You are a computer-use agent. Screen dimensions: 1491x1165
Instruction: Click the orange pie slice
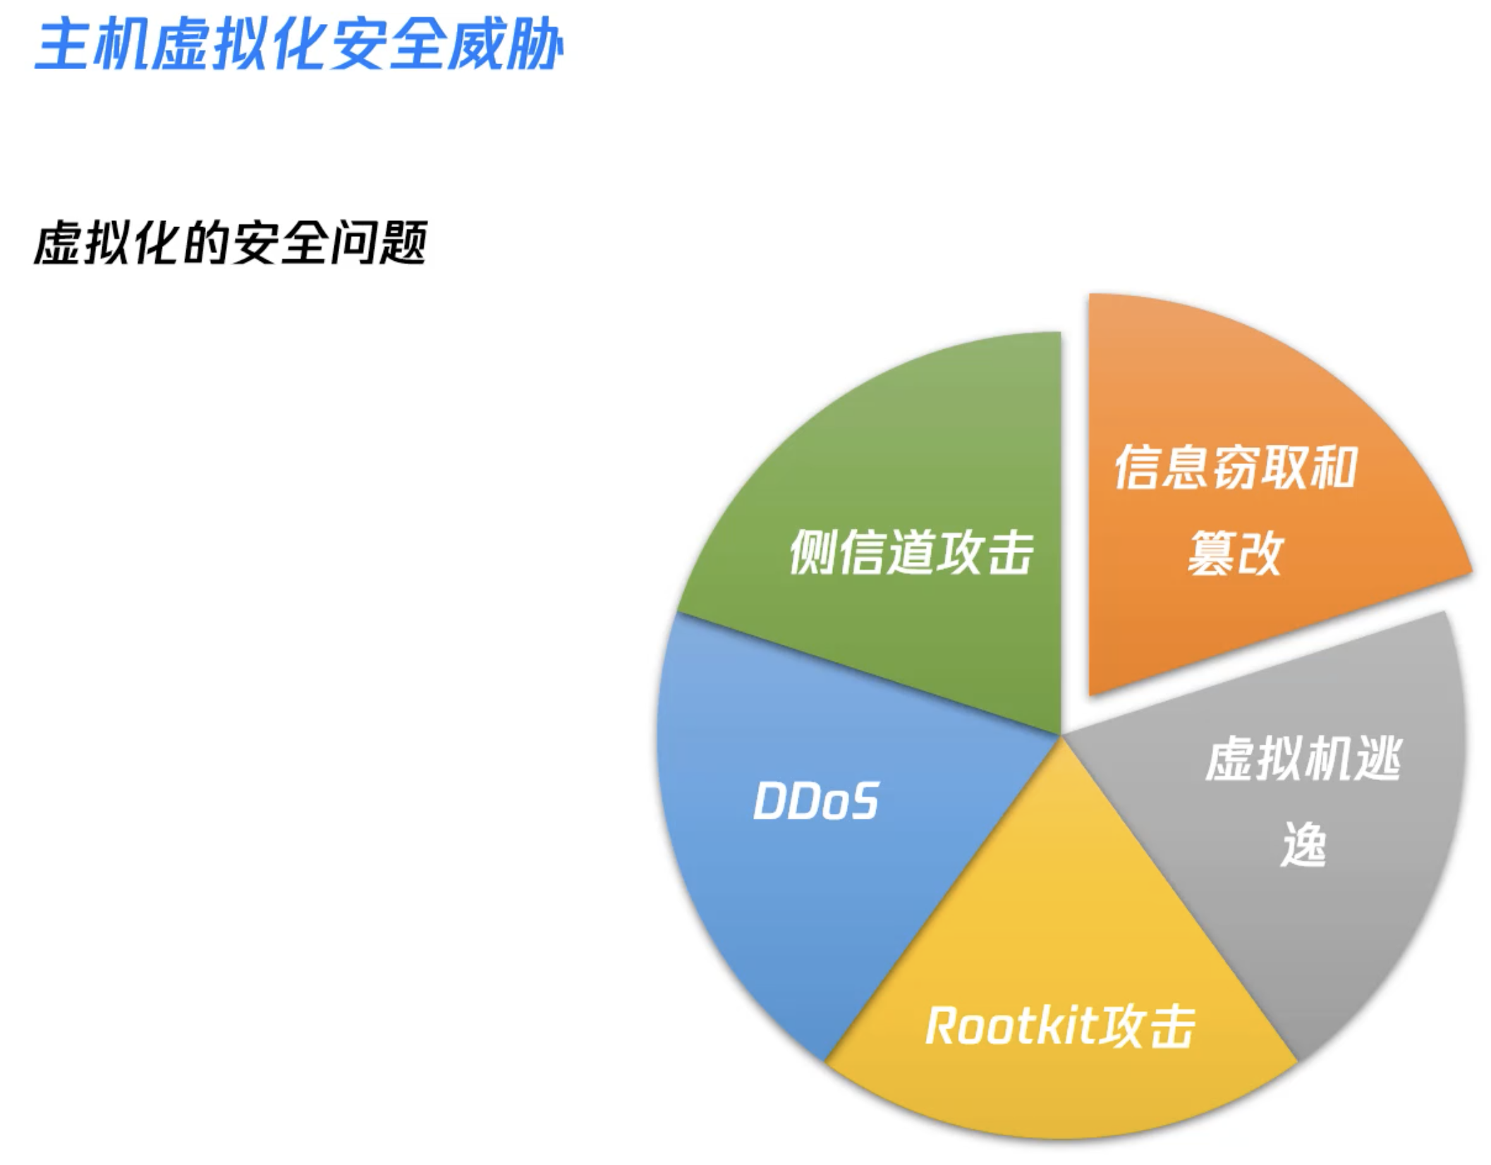[x=1241, y=494]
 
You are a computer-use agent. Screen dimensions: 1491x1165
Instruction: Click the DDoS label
[x=816, y=801]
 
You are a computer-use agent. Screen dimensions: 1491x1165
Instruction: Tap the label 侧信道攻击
[x=911, y=552]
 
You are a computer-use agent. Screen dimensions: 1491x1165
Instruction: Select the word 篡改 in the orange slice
[x=1234, y=554]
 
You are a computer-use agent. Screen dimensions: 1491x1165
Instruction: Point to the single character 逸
[x=1303, y=844]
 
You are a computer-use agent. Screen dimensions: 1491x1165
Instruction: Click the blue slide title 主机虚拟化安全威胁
[x=299, y=44]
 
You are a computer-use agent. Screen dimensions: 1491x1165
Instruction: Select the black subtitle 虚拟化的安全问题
[x=231, y=243]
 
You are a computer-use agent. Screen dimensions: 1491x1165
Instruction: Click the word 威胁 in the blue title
[x=506, y=44]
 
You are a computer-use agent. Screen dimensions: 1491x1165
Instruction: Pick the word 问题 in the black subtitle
[x=379, y=243]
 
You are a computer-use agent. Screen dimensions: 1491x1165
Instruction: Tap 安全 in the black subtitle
[x=280, y=243]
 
